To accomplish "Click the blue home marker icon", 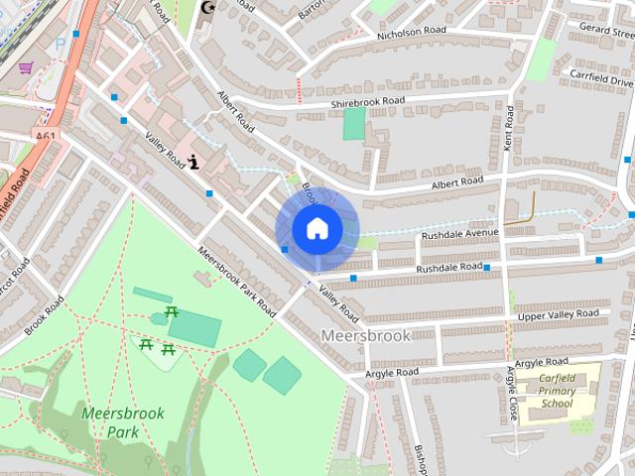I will (x=317, y=228).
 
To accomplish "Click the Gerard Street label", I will (x=607, y=29).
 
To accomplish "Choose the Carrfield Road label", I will (x=599, y=73).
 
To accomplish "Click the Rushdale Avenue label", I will (x=459, y=234).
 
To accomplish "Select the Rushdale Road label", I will (x=448, y=268).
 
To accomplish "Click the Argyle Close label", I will (x=512, y=394).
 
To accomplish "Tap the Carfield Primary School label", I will (x=556, y=391).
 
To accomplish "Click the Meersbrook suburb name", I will (x=366, y=336).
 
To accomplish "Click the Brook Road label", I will (x=45, y=315).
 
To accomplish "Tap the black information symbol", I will (x=194, y=160).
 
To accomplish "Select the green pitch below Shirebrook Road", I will (x=354, y=124).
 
